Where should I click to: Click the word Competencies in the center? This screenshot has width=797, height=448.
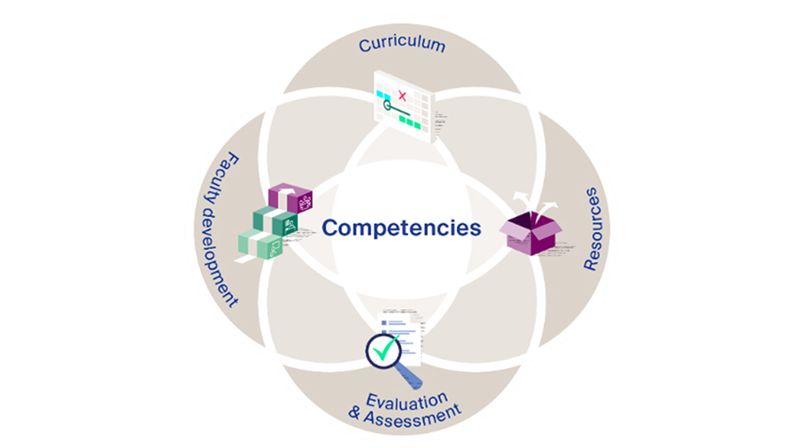[401, 228]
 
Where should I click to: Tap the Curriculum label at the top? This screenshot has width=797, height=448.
[401, 43]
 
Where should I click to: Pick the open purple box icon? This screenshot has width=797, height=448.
[530, 235]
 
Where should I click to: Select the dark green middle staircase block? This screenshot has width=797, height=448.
[273, 221]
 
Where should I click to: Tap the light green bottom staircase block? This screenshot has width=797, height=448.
[258, 244]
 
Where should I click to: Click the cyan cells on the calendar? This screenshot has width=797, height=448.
[383, 91]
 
